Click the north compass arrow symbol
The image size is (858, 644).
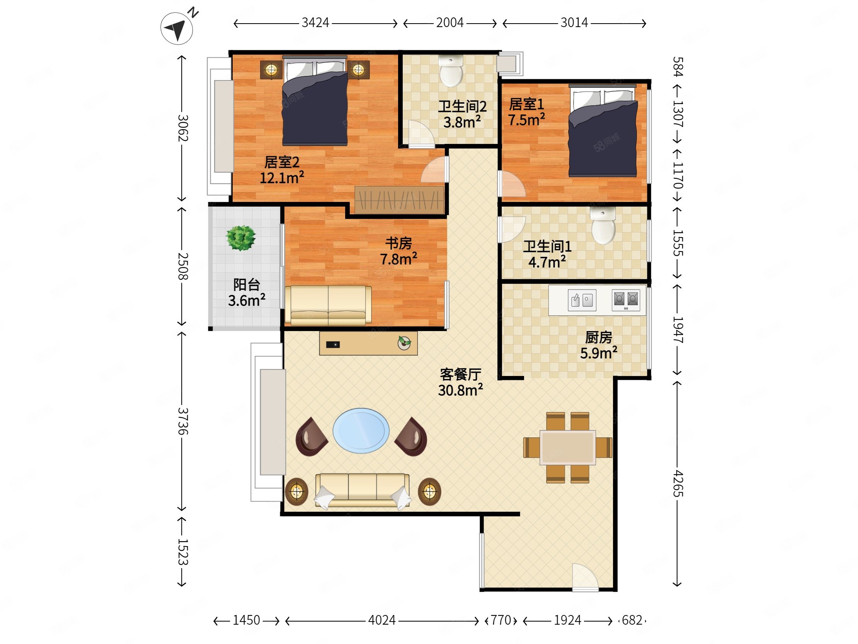(177, 28)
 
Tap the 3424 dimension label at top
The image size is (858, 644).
(315, 23)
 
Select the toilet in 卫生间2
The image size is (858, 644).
(451, 70)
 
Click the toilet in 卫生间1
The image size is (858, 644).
(603, 225)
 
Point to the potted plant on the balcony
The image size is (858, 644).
(241, 238)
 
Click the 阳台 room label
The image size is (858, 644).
(246, 285)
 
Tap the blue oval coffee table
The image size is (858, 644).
(361, 430)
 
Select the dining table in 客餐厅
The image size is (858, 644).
(568, 447)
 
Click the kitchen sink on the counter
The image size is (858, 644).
(582, 300)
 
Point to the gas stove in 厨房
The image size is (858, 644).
(626, 300)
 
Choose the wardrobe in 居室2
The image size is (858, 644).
(399, 200)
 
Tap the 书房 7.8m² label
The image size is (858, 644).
(398, 251)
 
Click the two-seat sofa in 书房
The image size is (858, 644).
(328, 305)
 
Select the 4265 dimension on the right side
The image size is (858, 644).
(677, 483)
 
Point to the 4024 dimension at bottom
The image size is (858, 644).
(382, 620)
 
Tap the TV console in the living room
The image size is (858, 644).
(368, 343)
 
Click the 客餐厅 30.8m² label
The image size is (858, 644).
(460, 383)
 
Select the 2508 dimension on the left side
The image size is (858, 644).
(183, 266)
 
